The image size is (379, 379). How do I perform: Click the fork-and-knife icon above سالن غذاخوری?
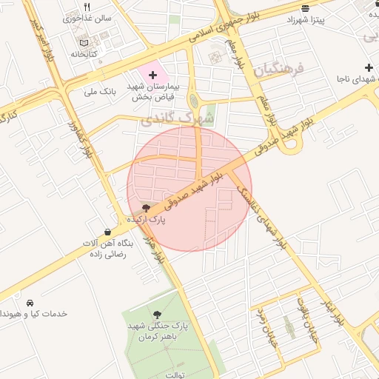coord(87,7)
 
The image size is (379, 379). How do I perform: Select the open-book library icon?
coord(81,43)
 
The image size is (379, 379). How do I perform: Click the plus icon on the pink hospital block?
coord(153,75)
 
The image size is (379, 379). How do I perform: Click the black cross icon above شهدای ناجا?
coord(368,67)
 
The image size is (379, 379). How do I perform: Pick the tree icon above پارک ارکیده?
coord(145,208)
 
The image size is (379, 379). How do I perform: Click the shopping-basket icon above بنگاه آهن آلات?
coord(108,232)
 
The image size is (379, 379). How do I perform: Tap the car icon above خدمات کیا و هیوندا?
coord(30,303)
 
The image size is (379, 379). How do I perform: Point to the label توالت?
coord(175,375)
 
